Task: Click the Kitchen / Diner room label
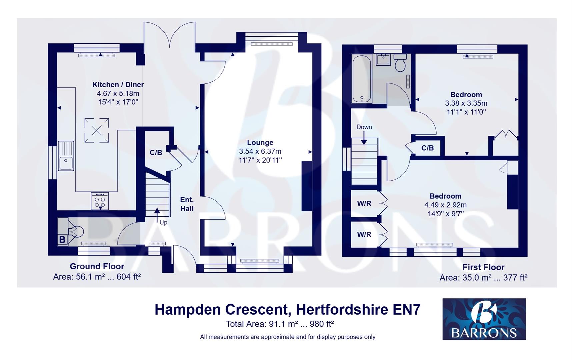(118, 85)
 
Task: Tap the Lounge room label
(260, 143)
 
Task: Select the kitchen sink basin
(66, 163)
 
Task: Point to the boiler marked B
(62, 239)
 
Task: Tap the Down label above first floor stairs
(364, 127)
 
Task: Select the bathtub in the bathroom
(362, 79)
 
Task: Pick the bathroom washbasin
(383, 60)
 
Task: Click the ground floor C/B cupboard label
(156, 153)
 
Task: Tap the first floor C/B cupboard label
(427, 148)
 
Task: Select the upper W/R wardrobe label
(364, 203)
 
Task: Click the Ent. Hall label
(187, 204)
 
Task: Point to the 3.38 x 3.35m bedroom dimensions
(466, 103)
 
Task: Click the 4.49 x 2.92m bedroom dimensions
(445, 205)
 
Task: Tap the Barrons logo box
(484, 319)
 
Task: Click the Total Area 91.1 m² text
(280, 324)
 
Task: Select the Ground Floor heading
(97, 266)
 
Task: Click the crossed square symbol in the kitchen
(97, 130)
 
